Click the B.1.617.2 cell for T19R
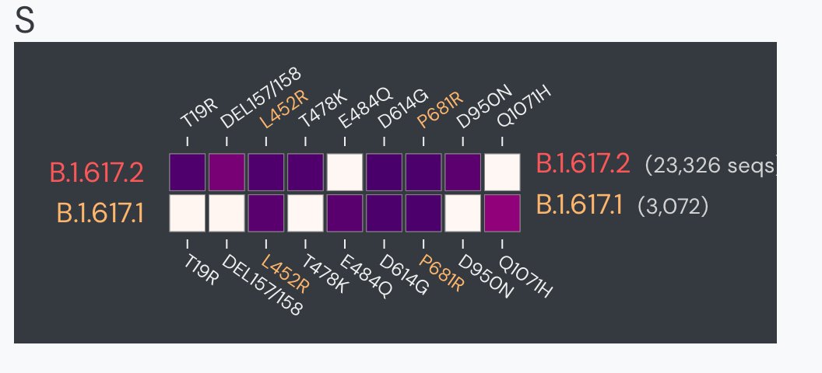coord(188,172)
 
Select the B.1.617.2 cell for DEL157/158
coord(227,172)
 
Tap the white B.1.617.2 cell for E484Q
coord(345,172)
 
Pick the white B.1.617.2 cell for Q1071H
coord(502,172)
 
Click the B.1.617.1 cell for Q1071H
coord(502,212)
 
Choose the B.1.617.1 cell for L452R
coord(266,212)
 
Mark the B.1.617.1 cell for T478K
coord(305,212)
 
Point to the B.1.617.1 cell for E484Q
coord(345,212)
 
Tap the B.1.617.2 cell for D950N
coord(462,172)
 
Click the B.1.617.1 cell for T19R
coord(188,212)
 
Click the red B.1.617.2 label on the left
coord(97,173)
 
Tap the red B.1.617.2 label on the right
coord(582,165)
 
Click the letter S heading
coord(25,22)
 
